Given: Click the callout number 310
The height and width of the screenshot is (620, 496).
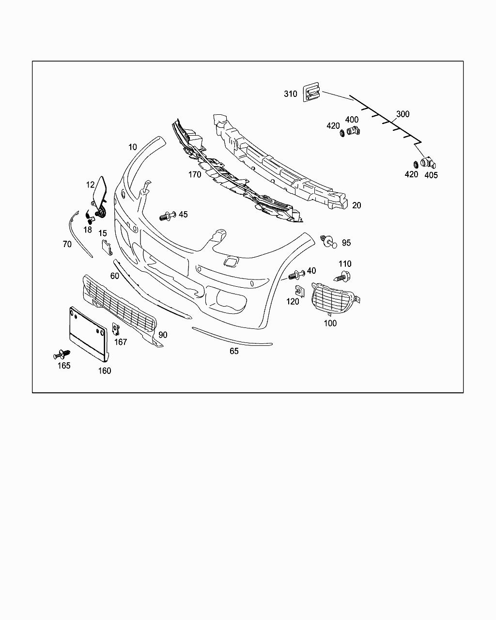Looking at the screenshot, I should click(291, 94).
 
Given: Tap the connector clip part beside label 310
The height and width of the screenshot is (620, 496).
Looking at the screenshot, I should click(312, 92).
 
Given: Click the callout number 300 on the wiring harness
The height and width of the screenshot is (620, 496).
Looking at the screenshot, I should click(403, 114).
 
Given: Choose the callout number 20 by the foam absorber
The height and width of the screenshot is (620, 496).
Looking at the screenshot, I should click(356, 205).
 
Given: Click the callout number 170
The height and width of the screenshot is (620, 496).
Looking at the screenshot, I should click(195, 174).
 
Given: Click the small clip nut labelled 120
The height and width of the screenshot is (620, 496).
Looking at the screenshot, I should click(298, 291).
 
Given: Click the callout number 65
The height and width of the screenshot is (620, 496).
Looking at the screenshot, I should click(234, 351).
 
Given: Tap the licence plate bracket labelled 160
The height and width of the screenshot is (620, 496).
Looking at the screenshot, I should click(89, 334).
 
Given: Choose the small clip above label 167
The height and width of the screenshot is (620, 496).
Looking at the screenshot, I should click(116, 329).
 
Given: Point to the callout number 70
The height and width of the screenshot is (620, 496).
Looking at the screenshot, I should click(67, 244).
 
